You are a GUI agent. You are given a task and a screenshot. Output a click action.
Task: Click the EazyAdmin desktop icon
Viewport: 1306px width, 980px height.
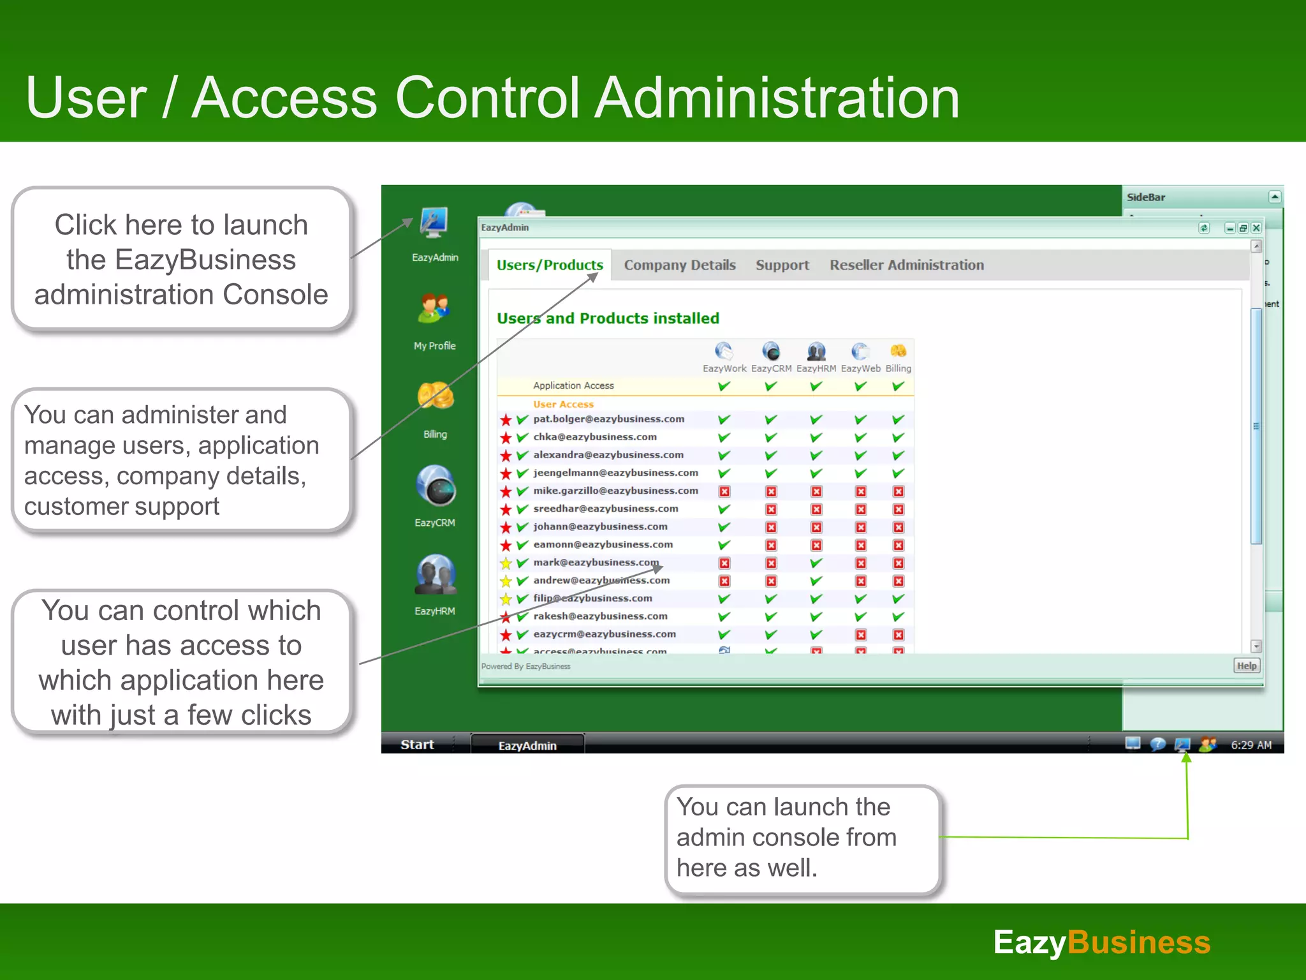pyautogui.click(x=434, y=224)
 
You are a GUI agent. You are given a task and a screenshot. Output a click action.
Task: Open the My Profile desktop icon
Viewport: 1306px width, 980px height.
pyautogui.click(x=434, y=309)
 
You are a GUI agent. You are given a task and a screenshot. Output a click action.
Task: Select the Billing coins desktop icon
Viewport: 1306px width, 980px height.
pyautogui.click(x=435, y=396)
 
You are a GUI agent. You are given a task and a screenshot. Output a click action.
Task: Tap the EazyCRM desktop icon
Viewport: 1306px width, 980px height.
pyautogui.click(x=435, y=486)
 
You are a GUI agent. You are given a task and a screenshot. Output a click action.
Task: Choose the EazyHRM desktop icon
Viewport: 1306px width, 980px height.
pyautogui.click(x=435, y=575)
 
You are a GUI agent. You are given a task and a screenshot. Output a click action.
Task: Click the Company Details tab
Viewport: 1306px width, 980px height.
pyautogui.click(x=679, y=265)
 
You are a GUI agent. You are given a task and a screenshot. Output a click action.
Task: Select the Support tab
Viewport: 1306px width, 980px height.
pyautogui.click(x=782, y=265)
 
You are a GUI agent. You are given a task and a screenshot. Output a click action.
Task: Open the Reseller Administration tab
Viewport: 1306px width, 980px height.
pyautogui.click(x=906, y=265)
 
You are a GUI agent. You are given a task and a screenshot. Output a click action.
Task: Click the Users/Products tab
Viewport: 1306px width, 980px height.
pyautogui.click(x=550, y=265)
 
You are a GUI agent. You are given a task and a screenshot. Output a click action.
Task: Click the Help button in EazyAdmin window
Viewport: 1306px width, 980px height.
pyautogui.click(x=1246, y=666)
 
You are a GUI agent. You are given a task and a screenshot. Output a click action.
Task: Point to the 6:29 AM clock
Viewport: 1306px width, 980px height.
pyautogui.click(x=1251, y=745)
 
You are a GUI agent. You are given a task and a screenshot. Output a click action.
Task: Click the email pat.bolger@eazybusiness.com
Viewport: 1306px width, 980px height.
pyautogui.click(x=608, y=419)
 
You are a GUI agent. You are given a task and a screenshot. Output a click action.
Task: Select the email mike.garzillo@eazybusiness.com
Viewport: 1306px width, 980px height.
pyautogui.click(x=615, y=491)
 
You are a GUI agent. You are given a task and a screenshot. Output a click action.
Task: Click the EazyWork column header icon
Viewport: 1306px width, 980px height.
pyautogui.click(x=724, y=352)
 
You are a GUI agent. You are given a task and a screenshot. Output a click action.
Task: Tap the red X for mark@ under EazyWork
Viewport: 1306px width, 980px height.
pyautogui.click(x=724, y=563)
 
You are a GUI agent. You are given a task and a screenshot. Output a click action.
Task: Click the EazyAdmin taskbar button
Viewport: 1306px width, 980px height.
pyautogui.click(x=527, y=745)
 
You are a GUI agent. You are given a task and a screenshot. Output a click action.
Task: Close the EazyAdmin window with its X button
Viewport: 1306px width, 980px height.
pyautogui.click(x=1256, y=228)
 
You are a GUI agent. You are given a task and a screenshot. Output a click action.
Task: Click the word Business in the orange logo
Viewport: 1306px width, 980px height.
pyautogui.click(x=1138, y=942)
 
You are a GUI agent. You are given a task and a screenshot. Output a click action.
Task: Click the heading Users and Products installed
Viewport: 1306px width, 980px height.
pyautogui.click(x=608, y=318)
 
